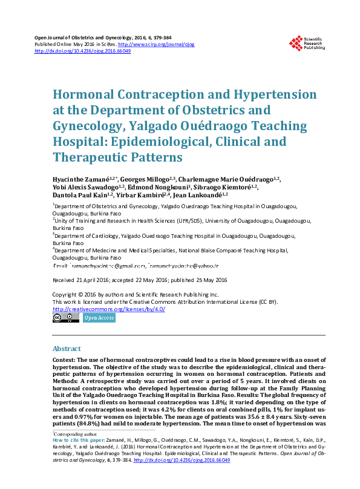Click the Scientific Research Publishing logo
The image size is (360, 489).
(308, 43)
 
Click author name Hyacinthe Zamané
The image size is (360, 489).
(85, 180)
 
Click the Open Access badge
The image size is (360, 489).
(99, 318)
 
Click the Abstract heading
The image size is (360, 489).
(67, 349)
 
